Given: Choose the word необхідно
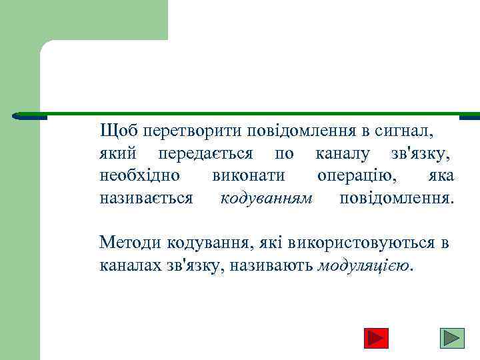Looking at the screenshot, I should tap(139, 176).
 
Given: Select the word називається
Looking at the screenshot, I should tap(146, 199).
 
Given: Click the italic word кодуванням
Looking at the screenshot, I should tap(266, 199).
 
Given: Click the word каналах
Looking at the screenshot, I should tap(129, 265).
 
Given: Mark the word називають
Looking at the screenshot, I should tap(274, 265).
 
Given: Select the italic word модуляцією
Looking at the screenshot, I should tap(365, 266).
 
